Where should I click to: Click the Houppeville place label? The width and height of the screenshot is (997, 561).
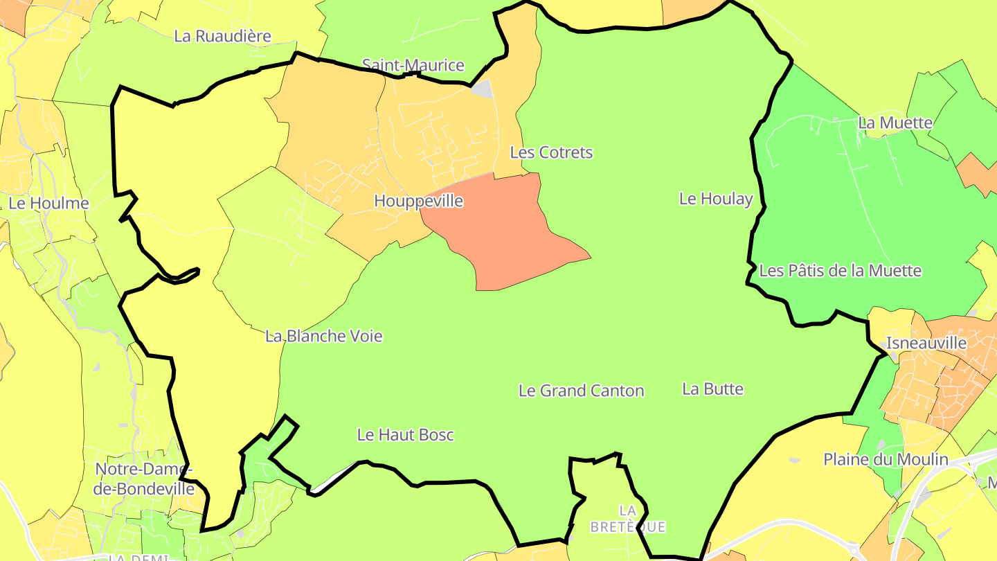pyautogui.click(x=418, y=201)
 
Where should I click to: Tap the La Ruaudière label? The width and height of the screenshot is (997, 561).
pyautogui.click(x=222, y=36)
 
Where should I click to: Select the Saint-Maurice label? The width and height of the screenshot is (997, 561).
pyautogui.click(x=413, y=65)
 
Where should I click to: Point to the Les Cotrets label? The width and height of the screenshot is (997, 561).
pyautogui.click(x=551, y=152)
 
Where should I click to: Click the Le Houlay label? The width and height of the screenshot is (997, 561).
pyautogui.click(x=715, y=199)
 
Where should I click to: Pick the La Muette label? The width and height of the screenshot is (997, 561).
pyautogui.click(x=895, y=123)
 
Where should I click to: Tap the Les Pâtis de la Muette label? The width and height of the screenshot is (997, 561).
pyautogui.click(x=840, y=270)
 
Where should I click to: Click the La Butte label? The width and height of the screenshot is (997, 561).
pyautogui.click(x=712, y=389)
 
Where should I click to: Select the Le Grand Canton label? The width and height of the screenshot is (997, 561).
pyautogui.click(x=581, y=391)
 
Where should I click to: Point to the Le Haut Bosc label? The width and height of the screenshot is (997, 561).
pyautogui.click(x=405, y=435)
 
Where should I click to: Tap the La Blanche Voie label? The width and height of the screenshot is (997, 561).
pyautogui.click(x=323, y=336)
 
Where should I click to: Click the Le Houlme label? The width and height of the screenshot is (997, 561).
pyautogui.click(x=48, y=203)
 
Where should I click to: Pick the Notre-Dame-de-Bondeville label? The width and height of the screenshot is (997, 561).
pyautogui.click(x=145, y=479)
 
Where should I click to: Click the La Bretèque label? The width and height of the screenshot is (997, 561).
pyautogui.click(x=627, y=519)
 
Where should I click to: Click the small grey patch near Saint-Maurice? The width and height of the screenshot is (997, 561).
pyautogui.click(x=483, y=89)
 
